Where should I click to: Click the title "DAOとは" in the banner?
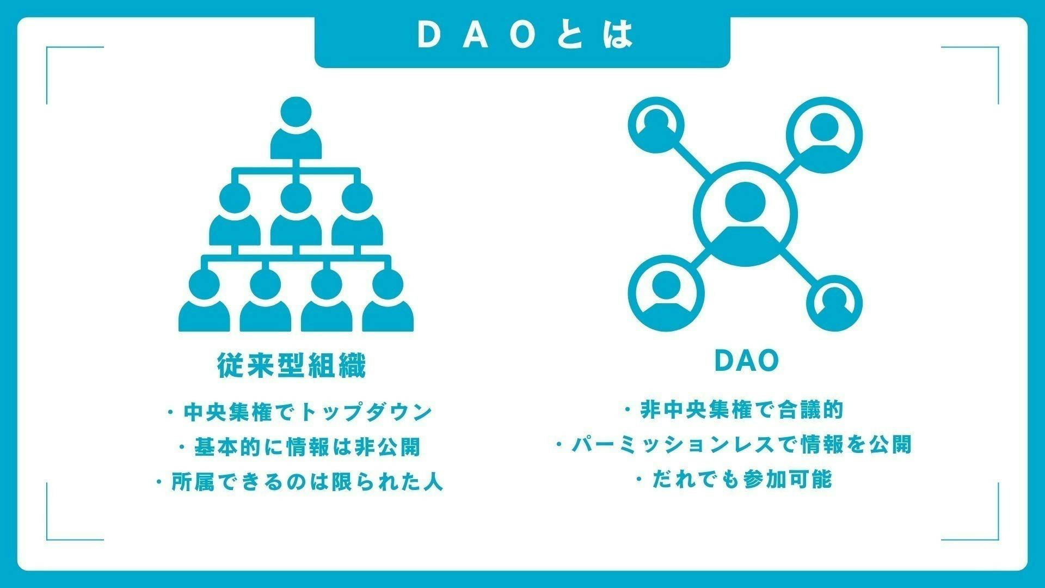525,35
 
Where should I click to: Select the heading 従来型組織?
292,365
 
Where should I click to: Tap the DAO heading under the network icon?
747,361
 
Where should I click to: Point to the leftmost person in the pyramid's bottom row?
204,302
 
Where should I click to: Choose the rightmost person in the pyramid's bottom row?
388,302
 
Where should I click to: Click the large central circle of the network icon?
748,218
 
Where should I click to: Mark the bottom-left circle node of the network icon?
666,293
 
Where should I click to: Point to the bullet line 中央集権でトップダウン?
300,412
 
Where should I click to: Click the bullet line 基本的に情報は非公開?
300,448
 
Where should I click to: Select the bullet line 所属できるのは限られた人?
300,482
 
